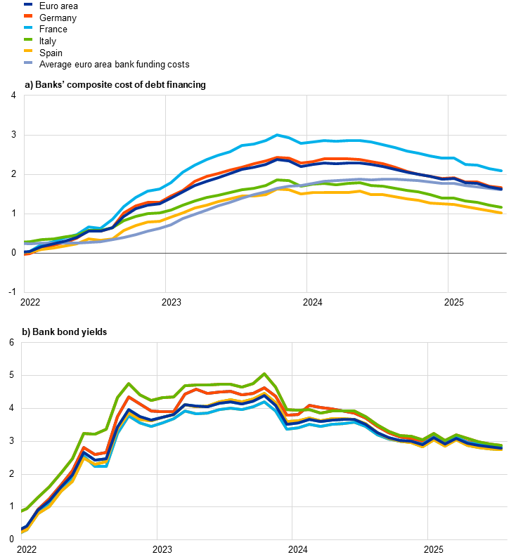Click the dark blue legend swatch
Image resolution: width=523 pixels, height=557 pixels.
[28, 4]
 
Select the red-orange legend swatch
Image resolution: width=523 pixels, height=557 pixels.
[28, 15]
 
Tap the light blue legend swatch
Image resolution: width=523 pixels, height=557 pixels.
[28, 27]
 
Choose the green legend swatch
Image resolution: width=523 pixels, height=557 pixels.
[28, 39]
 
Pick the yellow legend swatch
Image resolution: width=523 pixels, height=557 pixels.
[28, 51]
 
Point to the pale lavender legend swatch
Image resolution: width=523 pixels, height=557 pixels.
[28, 63]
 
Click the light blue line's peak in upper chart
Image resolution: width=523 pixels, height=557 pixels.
[277, 135]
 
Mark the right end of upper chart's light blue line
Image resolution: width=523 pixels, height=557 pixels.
[501, 171]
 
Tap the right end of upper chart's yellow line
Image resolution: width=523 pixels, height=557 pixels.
[501, 212]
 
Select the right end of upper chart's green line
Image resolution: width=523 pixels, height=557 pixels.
[501, 207]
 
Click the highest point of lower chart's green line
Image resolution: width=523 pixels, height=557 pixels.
[264, 374]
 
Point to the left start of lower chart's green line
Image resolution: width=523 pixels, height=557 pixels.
[22, 511]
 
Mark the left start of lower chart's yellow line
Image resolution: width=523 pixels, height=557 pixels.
[22, 532]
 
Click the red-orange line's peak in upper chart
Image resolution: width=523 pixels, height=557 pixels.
[278, 157]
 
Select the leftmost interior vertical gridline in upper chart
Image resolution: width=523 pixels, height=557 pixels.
[165, 193]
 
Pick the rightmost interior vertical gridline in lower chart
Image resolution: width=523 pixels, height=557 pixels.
[427, 440]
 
